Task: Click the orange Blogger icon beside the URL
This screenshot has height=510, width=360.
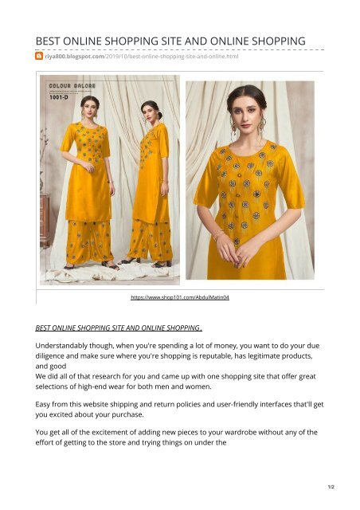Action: point(39,57)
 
